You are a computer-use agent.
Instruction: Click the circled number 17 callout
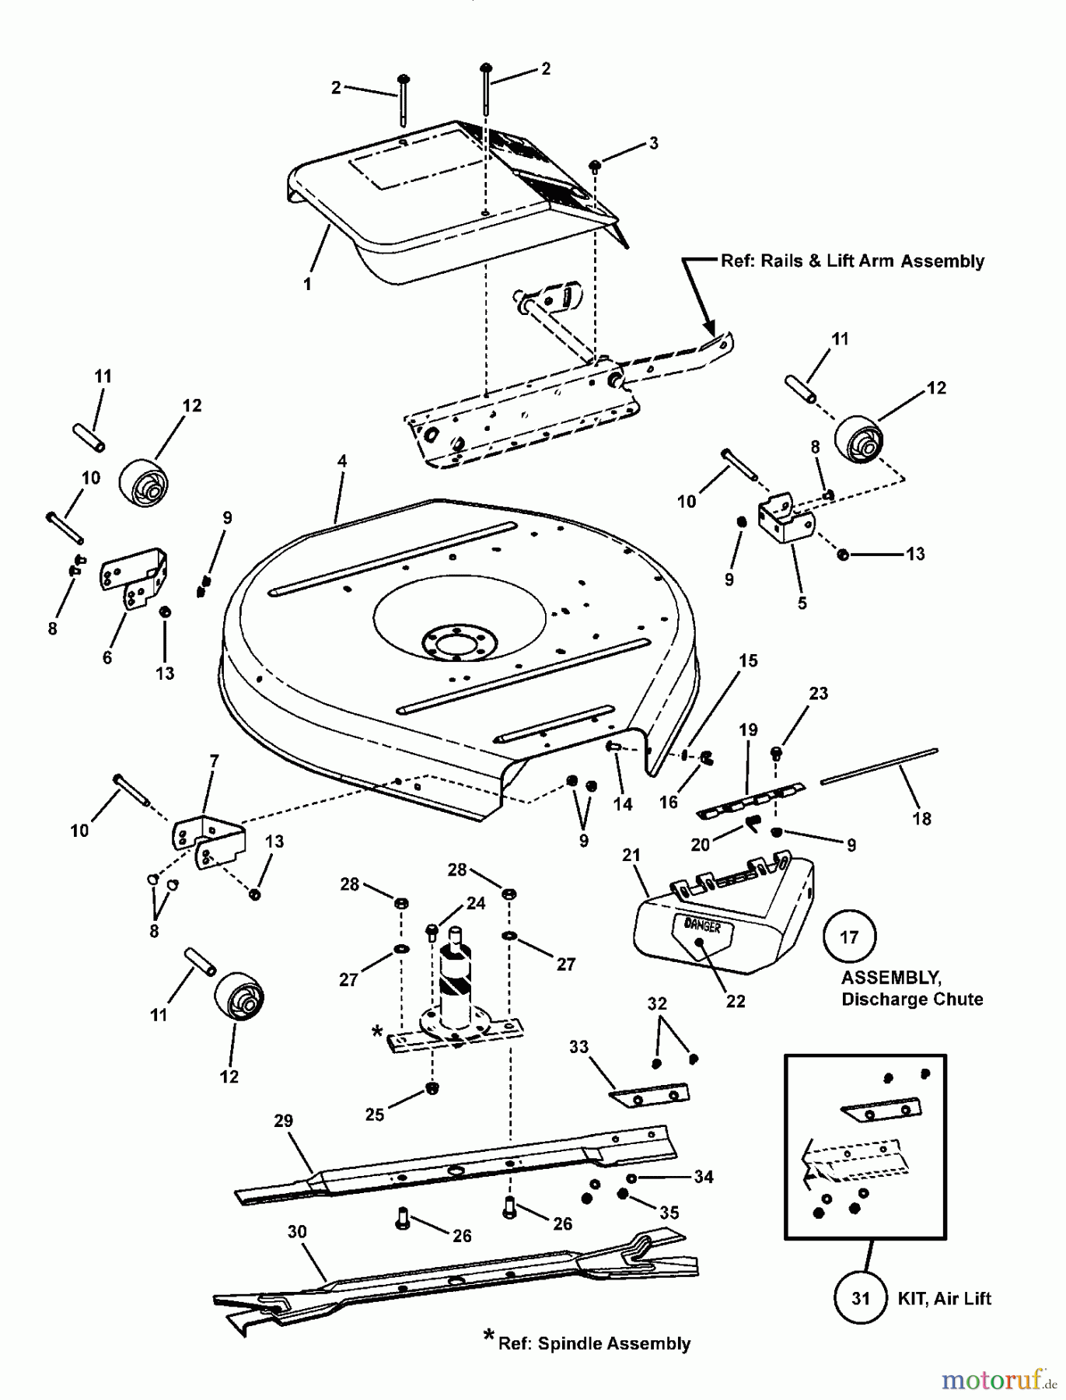point(849,937)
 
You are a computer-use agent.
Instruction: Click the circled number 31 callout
point(860,1298)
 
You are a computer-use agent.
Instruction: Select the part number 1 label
point(307,284)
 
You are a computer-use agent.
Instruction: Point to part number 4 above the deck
point(341,461)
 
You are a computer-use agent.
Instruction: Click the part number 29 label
point(283,1121)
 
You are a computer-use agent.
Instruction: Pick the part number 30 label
point(297,1232)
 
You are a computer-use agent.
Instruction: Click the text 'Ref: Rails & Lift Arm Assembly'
point(852,261)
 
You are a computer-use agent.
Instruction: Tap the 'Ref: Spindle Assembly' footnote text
point(594,1343)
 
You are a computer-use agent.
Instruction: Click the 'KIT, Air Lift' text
point(945,1298)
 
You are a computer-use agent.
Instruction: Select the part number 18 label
point(921,818)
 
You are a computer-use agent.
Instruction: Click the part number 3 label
point(653,143)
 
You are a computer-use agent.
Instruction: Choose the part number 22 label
point(735,1001)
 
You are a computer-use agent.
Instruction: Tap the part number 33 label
point(579,1048)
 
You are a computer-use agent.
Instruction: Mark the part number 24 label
point(476,903)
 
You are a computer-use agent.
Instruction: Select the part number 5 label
point(802,603)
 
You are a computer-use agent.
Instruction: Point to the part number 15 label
point(748,660)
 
